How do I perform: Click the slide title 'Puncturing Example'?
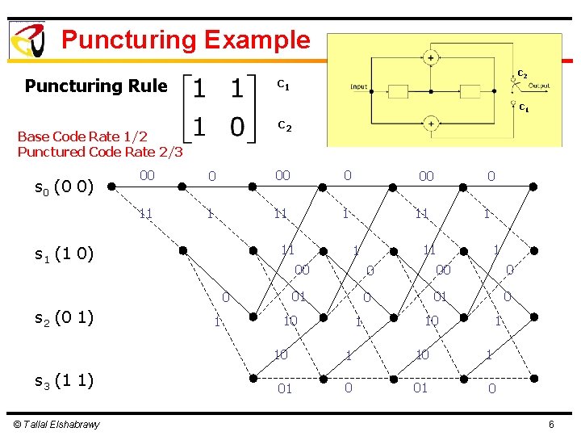(x=185, y=40)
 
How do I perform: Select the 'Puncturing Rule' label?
(x=96, y=86)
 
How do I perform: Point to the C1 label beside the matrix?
(x=283, y=83)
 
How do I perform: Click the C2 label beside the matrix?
(x=284, y=125)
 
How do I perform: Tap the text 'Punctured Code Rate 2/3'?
(x=100, y=152)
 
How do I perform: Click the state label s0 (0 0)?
(x=64, y=189)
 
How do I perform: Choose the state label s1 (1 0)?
(x=64, y=254)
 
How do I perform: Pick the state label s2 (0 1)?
(x=64, y=317)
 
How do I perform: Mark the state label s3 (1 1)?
(x=64, y=380)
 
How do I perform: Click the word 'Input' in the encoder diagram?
(x=359, y=86)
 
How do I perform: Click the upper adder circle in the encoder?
(x=430, y=57)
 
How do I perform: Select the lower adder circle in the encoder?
(x=430, y=124)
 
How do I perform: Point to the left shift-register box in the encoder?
(x=399, y=90)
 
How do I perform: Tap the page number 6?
(x=550, y=425)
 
